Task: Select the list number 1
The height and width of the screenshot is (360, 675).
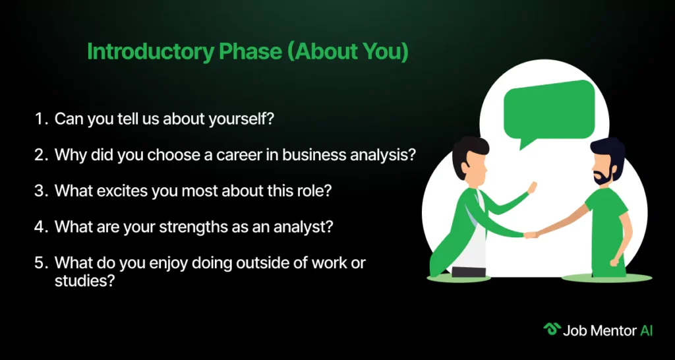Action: pos(40,119)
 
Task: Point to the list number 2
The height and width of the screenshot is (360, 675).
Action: pos(40,155)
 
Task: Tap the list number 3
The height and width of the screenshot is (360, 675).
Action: pos(40,191)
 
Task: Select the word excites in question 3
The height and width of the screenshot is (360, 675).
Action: pos(123,191)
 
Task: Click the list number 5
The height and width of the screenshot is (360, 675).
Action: pos(40,262)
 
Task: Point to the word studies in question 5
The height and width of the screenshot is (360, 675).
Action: pos(84,281)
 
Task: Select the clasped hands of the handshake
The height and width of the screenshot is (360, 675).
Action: pos(531,235)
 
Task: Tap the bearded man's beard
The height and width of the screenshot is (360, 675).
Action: pos(602,175)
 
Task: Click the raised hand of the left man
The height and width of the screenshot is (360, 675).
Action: pos(532,187)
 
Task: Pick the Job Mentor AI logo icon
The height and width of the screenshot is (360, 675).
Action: pos(552,329)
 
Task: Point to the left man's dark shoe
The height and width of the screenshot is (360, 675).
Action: pos(469,272)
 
